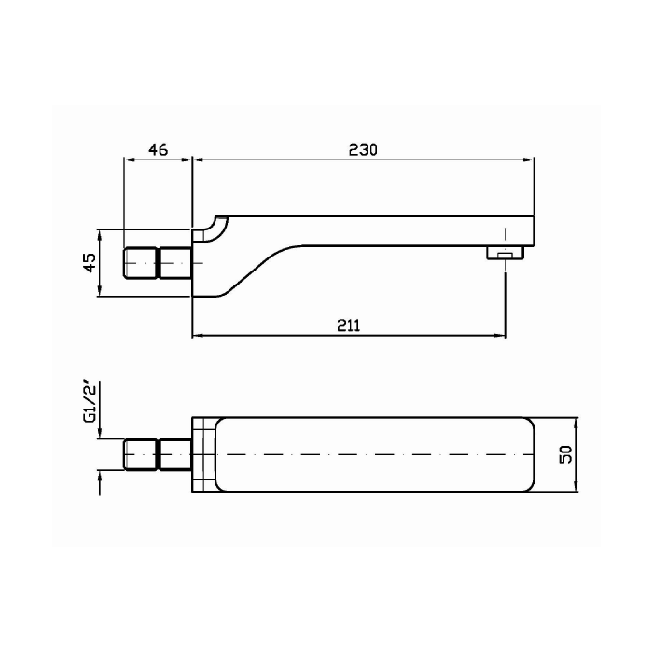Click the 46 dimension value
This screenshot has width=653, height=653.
coord(157,149)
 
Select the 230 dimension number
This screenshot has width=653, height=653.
coord(362,149)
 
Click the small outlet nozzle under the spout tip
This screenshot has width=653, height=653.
coord(504,253)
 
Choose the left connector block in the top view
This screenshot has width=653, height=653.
coord(141,454)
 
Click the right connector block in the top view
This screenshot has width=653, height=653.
coord(174,454)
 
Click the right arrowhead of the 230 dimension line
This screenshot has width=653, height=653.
coord(532,160)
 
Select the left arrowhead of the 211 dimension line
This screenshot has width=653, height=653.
coord(197,335)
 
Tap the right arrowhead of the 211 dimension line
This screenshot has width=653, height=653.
coord(501,335)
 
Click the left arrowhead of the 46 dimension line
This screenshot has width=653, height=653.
coord(130,160)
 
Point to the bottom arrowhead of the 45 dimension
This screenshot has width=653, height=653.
coord(101,292)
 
